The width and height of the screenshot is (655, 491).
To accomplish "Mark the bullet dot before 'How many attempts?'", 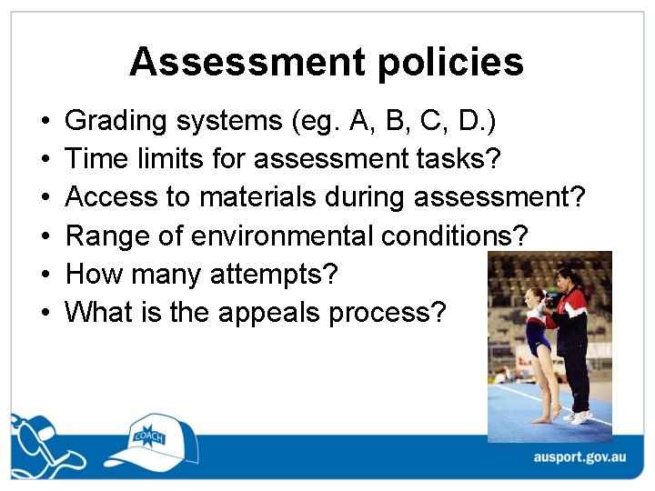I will coord(45,275).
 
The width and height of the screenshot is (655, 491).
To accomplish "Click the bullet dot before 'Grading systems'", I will coord(45,122).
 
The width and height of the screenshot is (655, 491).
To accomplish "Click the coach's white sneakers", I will coord(579,417).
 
